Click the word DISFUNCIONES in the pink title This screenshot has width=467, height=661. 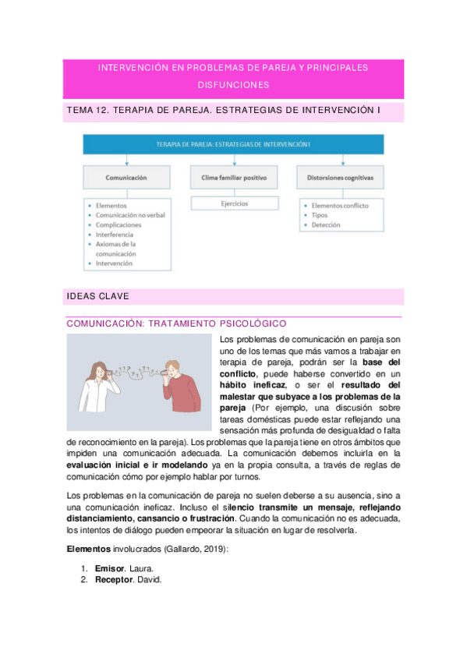(233, 84)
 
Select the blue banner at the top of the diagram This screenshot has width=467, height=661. (233, 144)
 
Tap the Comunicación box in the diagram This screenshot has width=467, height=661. (126, 178)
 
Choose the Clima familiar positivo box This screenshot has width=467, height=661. (233, 178)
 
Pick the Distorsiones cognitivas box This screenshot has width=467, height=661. (340, 178)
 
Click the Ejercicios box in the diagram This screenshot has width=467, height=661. (233, 205)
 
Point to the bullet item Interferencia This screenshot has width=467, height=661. (115, 234)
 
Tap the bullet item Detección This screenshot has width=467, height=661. (327, 224)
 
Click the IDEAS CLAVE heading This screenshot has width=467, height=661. (98, 296)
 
